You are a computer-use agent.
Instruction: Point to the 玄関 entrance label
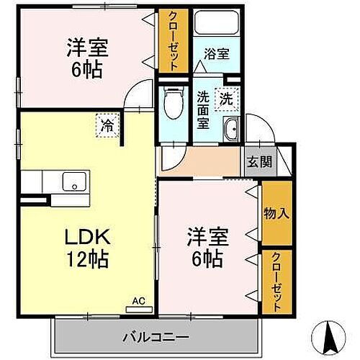point(259,162)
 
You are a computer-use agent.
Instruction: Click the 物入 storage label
point(276,213)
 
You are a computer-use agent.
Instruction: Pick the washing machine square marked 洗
point(227,99)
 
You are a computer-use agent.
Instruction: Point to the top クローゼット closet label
point(173,40)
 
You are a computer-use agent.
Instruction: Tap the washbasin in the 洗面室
point(232,131)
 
